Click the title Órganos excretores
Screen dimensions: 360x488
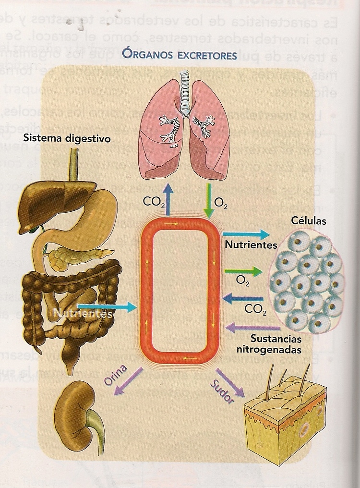180,54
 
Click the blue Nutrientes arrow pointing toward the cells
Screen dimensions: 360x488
246,234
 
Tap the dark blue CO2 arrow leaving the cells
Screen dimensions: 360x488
242,299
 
